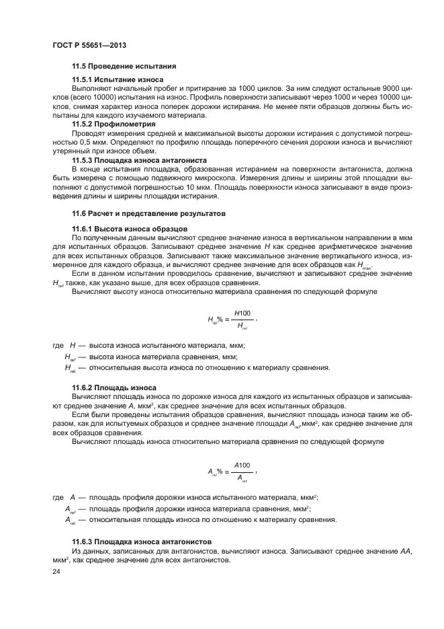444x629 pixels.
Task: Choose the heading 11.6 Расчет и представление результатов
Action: pyautogui.click(x=148, y=213)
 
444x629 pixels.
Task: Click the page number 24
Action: pyautogui.click(x=56, y=572)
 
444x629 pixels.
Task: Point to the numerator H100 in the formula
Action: pyautogui.click(x=242, y=313)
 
